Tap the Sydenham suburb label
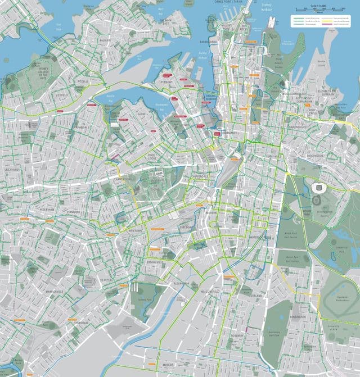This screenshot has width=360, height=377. pyautogui.click(x=80, y=323)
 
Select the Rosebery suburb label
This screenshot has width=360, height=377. pyautogui.click(x=237, y=335)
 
